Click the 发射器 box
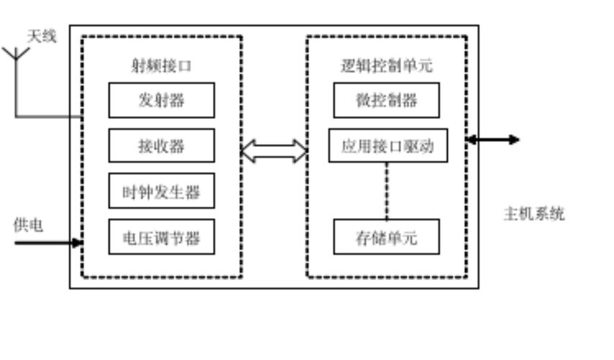tap(161, 100)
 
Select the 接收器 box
tap(161, 145)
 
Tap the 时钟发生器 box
tap(161, 192)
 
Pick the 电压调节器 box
tap(161, 237)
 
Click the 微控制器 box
tap(386, 100)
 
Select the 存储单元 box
tap(386, 237)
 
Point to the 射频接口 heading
tap(161, 66)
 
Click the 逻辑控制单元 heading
tap(386, 66)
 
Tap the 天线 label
tap(41, 36)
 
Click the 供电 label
tap(28, 225)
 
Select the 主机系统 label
tap(534, 214)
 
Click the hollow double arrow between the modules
tap(274, 150)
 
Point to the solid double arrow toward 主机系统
tap(492, 140)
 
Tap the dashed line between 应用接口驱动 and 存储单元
tap(387, 191)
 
